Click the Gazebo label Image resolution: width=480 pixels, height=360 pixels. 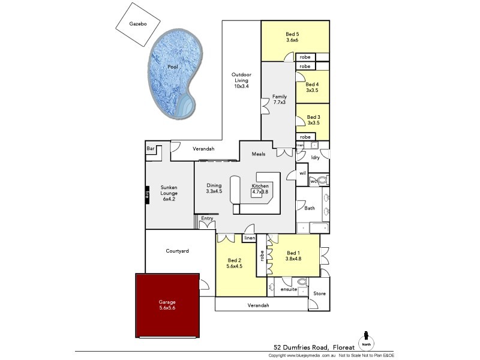(139, 25)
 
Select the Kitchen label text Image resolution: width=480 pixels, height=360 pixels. (260, 186)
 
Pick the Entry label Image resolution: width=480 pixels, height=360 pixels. (207, 218)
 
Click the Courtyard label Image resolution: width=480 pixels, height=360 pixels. (178, 251)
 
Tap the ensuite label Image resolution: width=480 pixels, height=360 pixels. (289, 290)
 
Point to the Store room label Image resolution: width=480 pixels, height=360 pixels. (320, 293)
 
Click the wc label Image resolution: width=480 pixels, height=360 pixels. (313, 181)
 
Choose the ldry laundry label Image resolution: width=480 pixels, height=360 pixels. (315, 157)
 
